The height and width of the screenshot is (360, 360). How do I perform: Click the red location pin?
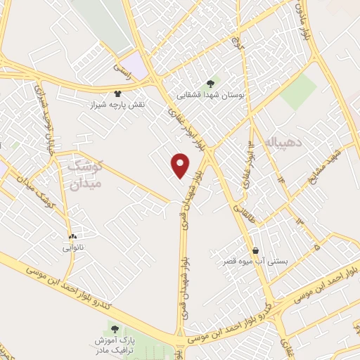pos(181,165)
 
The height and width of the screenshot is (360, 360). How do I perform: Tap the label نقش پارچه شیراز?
pos(124,104)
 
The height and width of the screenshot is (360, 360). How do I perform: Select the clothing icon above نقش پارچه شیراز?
pos(118,93)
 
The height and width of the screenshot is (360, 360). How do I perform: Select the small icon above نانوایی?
pos(73,236)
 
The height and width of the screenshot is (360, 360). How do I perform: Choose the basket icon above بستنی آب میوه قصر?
pos(256,250)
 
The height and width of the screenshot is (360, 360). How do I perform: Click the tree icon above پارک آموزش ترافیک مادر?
pos(114,328)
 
